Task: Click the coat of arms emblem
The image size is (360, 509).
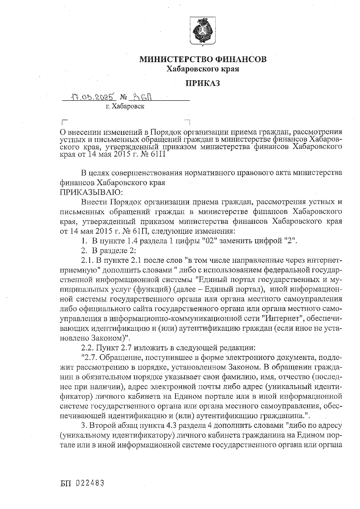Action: click(x=203, y=31)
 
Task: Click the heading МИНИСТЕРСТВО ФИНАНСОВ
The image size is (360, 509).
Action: click(x=203, y=59)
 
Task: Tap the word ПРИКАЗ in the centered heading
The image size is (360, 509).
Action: click(x=203, y=83)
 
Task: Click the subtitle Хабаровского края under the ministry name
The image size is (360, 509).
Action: click(x=203, y=69)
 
